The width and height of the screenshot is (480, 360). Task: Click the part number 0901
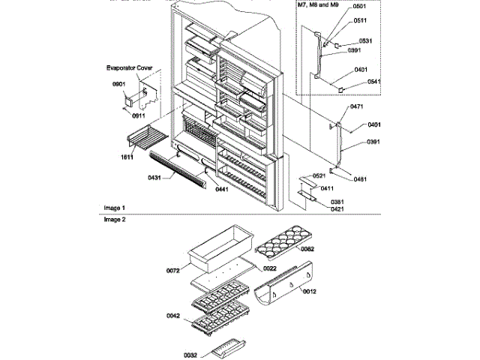click(x=118, y=85)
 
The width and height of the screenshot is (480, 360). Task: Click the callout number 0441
click(x=221, y=190)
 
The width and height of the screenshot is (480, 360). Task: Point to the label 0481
click(x=361, y=179)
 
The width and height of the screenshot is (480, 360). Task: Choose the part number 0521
click(x=319, y=175)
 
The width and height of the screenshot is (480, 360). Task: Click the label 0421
click(x=336, y=209)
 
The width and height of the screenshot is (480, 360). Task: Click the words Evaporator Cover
click(x=129, y=67)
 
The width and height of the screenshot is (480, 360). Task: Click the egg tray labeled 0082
click(x=277, y=243)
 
